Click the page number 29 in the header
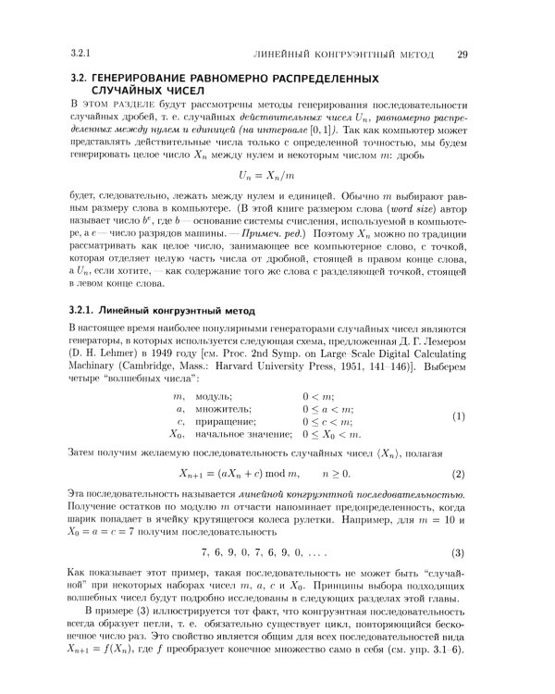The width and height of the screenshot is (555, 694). [462, 53]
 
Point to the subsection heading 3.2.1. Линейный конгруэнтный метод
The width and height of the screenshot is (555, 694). [156, 308]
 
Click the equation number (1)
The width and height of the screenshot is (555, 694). [460, 416]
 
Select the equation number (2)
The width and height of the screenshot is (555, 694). [460, 473]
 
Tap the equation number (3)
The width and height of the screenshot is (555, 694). [460, 553]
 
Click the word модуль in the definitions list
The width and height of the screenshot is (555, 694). [216, 395]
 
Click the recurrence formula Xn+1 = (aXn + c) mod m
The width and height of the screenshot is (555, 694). [240, 473]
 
